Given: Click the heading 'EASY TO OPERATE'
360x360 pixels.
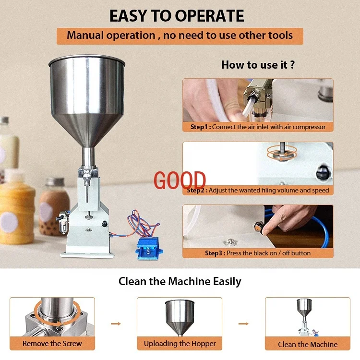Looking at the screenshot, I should (177, 15).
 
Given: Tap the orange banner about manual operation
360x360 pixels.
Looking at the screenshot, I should (180, 36).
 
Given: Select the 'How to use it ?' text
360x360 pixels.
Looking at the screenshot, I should (258, 65).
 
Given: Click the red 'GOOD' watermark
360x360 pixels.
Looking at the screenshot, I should (180, 180).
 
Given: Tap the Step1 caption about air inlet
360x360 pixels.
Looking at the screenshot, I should (258, 127).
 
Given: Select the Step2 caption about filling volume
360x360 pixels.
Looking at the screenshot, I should (258, 190).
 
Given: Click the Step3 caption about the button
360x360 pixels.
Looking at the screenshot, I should (258, 253).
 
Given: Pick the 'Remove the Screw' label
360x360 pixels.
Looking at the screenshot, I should (52, 343).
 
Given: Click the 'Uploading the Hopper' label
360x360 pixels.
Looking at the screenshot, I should (180, 343).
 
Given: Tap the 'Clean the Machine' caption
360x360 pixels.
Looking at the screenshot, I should (308, 344).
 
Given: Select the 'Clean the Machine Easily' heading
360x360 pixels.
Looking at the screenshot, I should (180, 281).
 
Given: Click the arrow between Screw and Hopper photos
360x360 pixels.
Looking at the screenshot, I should (116, 324).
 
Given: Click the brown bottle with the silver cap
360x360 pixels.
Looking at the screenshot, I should (54, 206).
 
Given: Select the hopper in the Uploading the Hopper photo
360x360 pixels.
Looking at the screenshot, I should (180, 317).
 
